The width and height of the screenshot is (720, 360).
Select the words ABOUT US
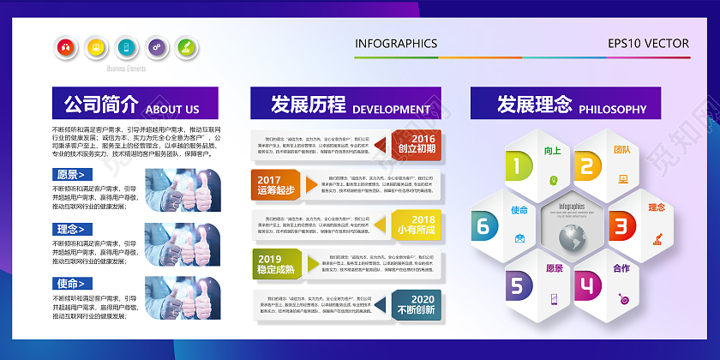pos(172,110)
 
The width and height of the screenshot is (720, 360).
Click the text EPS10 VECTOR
pos(648,44)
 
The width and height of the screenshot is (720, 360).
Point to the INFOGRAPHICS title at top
pos(396,44)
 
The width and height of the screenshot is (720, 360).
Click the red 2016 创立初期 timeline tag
pos(417,144)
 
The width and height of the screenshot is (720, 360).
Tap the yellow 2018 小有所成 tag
pos(417,225)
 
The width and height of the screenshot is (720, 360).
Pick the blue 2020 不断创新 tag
pos(417,304)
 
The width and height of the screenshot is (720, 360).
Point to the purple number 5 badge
pos(517,285)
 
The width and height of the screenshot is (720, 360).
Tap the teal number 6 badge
pos(483,225)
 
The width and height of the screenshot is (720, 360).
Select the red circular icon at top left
pos(64,47)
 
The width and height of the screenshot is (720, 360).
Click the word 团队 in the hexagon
pos(622,150)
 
